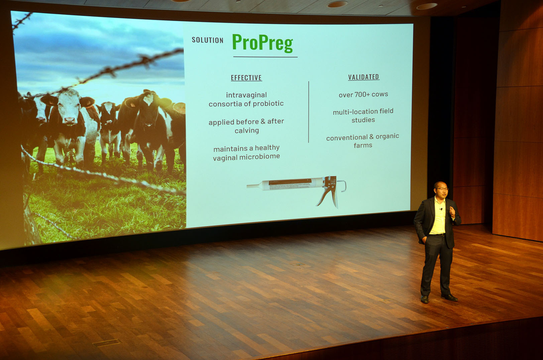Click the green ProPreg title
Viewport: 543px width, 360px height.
coord(262,43)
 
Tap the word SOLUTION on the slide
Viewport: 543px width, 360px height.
coord(207,40)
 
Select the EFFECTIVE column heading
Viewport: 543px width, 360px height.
coord(246,78)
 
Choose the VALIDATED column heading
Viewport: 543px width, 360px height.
coord(363,77)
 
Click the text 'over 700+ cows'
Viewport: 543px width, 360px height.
coord(363,95)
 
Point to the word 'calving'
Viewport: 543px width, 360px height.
coord(247,130)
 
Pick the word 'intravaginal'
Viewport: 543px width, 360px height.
coord(246,95)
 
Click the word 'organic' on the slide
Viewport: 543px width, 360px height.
coord(387,137)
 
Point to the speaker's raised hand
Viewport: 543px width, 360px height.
coord(452,211)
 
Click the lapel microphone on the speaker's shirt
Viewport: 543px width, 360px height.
coord(441,209)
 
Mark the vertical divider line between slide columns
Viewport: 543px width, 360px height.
coord(309,112)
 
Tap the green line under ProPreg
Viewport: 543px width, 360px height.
coord(265,57)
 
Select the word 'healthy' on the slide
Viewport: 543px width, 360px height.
coord(267,148)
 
